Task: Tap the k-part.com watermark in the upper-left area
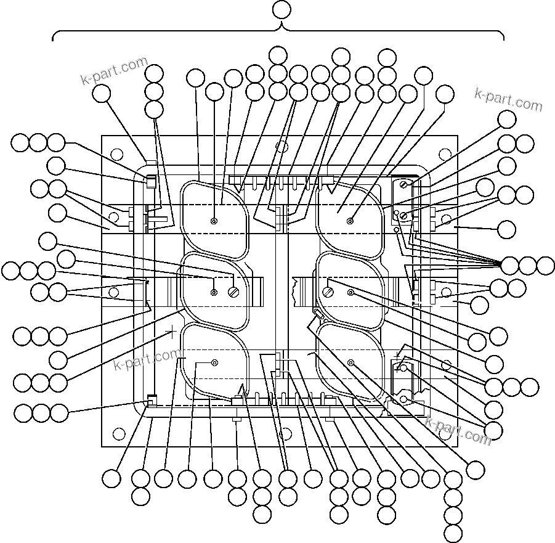tap(114, 71)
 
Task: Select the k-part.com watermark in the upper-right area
tap(509, 99)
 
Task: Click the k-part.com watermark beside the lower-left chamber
tap(147, 358)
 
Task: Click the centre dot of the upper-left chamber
tap(214, 221)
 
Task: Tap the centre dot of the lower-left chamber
tap(214, 362)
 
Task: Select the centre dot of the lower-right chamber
tap(350, 362)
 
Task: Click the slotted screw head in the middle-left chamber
tap(233, 292)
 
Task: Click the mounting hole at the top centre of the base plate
tap(282, 147)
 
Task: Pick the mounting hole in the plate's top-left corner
tap(115, 152)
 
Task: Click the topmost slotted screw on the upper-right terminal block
tap(404, 184)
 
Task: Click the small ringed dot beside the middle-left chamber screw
tap(214, 292)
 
